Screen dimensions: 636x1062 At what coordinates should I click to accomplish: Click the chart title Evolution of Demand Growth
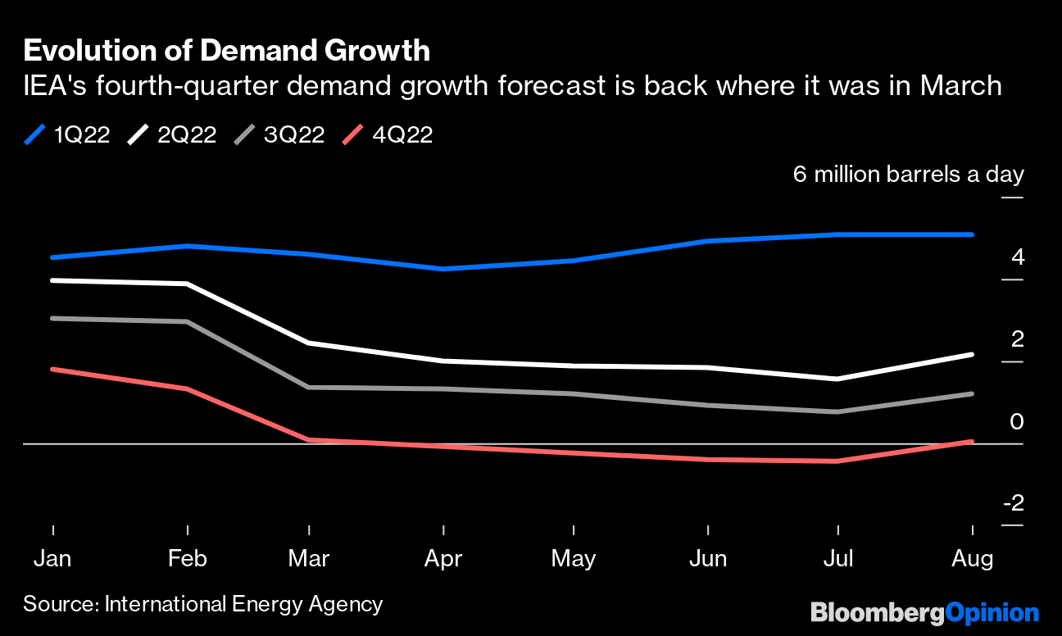(x=226, y=51)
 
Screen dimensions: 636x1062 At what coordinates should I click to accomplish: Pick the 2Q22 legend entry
(x=173, y=135)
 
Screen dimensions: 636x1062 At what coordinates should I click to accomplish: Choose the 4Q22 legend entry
(x=388, y=135)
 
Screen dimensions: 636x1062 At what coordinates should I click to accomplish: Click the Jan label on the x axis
(x=52, y=559)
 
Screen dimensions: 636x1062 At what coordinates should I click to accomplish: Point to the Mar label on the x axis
(x=308, y=559)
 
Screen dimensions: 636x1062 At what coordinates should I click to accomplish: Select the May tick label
(x=573, y=559)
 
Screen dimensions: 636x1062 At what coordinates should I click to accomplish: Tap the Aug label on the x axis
(x=972, y=559)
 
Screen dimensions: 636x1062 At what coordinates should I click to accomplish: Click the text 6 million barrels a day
(x=908, y=175)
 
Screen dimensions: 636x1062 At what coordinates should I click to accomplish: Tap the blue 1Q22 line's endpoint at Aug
(x=972, y=234)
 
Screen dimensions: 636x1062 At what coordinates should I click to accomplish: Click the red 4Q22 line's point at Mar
(x=308, y=440)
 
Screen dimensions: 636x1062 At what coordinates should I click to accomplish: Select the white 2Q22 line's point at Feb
(x=188, y=284)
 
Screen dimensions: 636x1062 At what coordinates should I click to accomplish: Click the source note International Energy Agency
(x=202, y=605)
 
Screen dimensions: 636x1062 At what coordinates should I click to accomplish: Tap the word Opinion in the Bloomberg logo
(x=992, y=612)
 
